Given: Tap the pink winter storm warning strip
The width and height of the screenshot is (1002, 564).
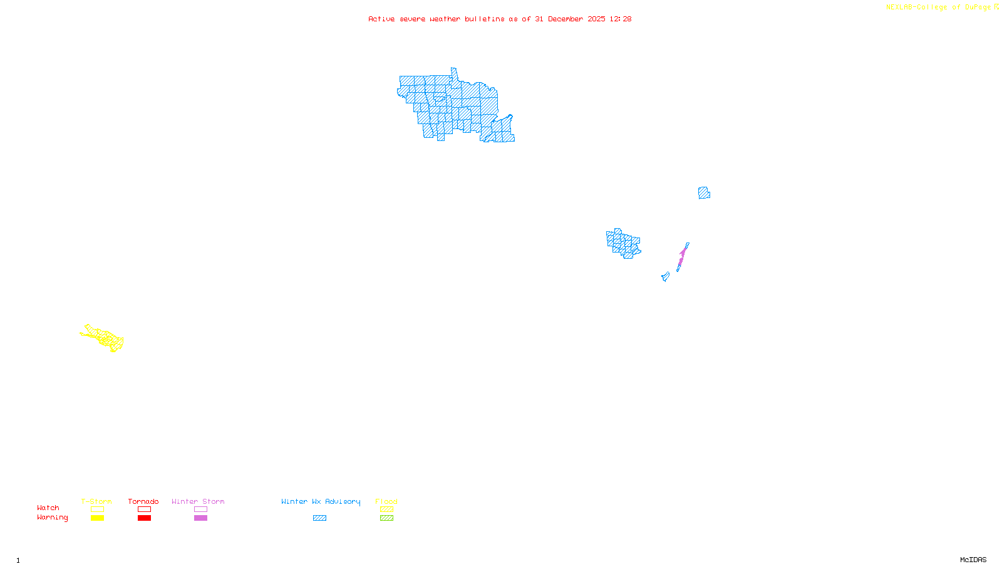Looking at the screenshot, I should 682,256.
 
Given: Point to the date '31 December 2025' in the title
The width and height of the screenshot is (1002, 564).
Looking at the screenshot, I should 570,19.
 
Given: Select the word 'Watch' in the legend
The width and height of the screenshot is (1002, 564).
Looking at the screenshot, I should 48,508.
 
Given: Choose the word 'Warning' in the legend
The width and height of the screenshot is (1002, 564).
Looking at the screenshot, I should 52,518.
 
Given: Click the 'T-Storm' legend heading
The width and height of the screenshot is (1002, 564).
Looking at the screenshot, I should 96,501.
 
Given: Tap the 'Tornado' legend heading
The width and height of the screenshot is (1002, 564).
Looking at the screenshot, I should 143,501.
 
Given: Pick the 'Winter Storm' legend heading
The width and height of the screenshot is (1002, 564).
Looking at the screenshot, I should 198,501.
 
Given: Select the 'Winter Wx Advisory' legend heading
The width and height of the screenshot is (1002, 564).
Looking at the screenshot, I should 321,501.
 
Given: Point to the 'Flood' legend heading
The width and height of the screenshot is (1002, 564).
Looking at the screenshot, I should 386,501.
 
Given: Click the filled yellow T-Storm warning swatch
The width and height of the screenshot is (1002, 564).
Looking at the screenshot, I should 97,518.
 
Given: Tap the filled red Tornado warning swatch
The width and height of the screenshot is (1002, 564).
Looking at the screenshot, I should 144,518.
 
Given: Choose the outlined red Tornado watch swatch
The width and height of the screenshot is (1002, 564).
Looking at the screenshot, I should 144,509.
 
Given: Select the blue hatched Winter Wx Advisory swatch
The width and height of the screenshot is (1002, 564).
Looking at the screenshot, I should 319,518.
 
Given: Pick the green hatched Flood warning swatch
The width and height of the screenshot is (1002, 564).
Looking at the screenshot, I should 386,518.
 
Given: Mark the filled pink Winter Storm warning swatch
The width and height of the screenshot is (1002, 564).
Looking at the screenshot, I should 200,518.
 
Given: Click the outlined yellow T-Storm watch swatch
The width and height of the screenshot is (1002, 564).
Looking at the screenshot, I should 97,509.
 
